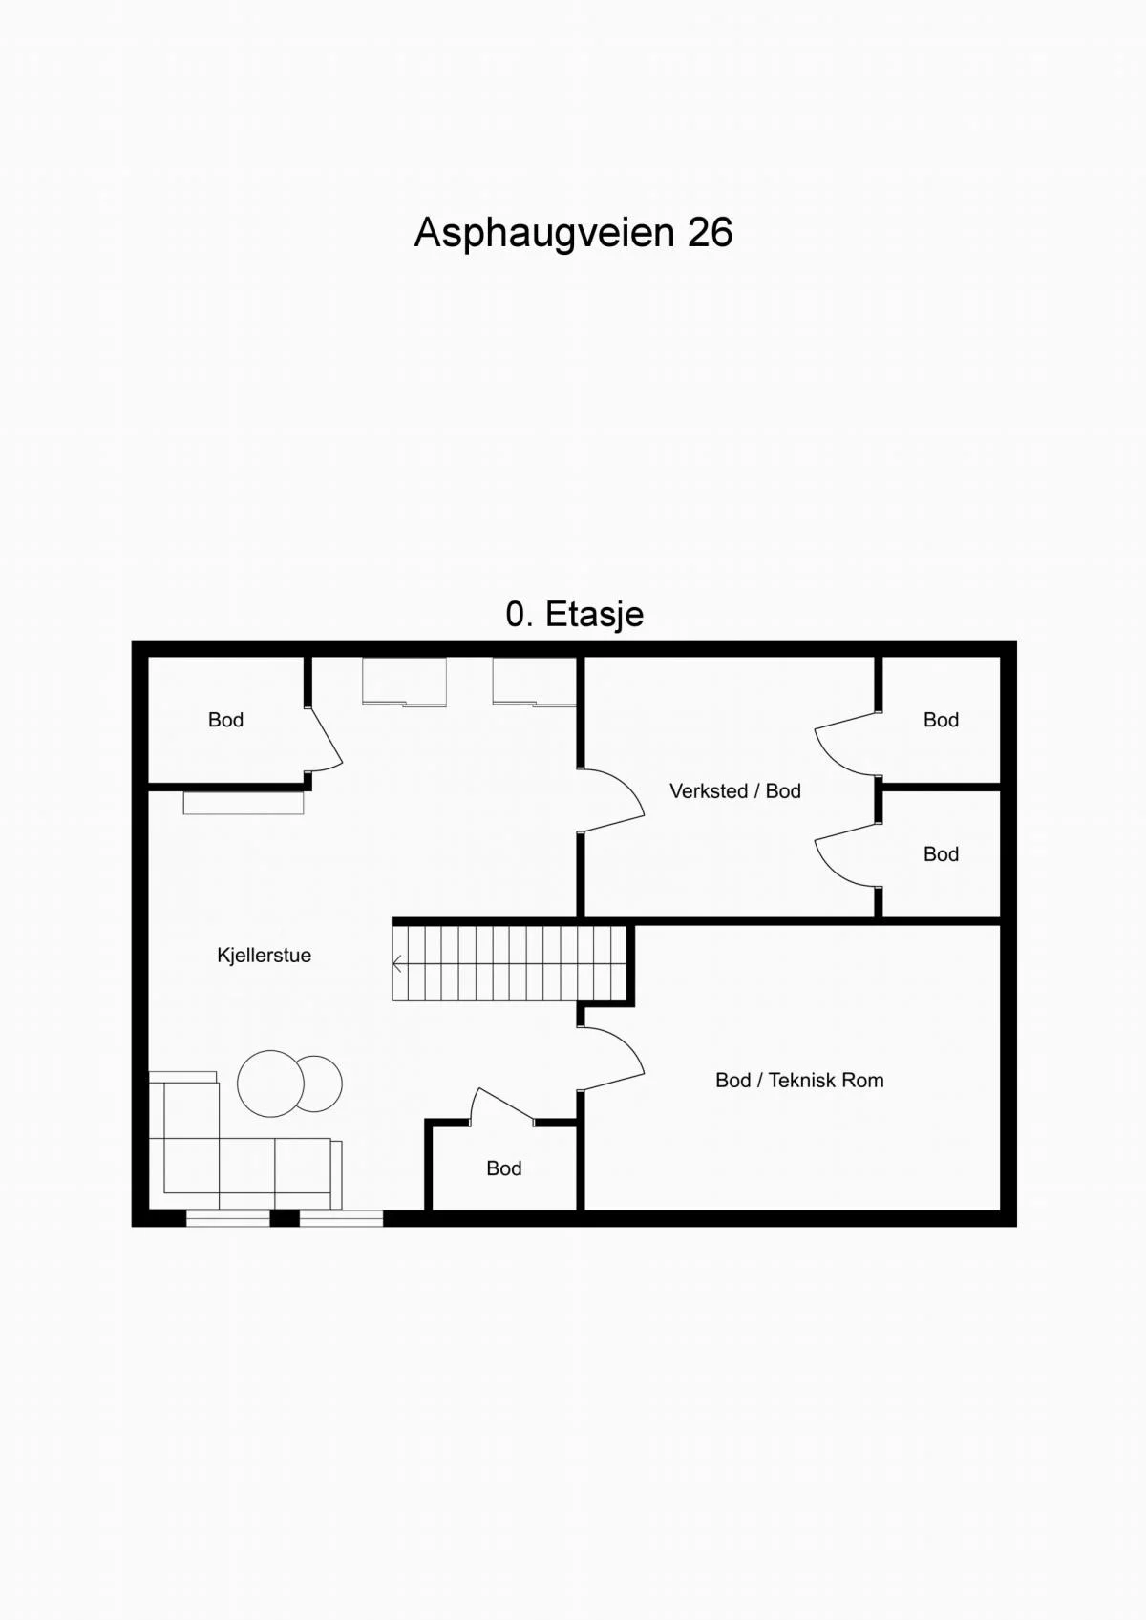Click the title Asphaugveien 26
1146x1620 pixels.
point(573,233)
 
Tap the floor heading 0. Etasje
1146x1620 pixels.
point(575,614)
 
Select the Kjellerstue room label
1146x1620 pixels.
point(265,956)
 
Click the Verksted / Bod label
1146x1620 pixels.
point(735,791)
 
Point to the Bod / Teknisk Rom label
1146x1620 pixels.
point(799,1081)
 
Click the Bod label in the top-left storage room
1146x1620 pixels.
point(225,721)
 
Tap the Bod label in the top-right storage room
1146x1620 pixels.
point(942,721)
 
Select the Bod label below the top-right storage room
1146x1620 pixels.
point(942,854)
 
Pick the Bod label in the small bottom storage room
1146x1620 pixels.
point(504,1168)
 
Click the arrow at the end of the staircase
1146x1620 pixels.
point(397,964)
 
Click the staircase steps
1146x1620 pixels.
point(509,964)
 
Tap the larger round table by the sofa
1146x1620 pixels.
point(270,1084)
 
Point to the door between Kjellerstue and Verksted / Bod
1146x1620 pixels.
point(613,799)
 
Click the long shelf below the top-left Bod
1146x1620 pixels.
point(244,804)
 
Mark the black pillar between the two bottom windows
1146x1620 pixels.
point(285,1218)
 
